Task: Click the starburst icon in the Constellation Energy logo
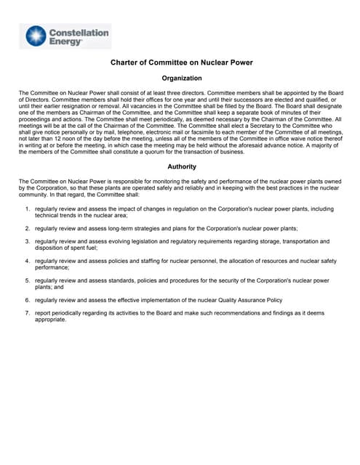pyautogui.click(x=35, y=36)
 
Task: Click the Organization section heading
pyautogui.click(x=181, y=78)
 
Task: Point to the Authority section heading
pyautogui.click(x=181, y=166)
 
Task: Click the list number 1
pyautogui.click(x=27, y=209)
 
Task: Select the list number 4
pyautogui.click(x=27, y=260)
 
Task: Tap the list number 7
pyautogui.click(x=27, y=312)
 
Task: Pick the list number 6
pyautogui.click(x=27, y=299)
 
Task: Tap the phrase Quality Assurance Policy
pyautogui.click(x=250, y=299)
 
